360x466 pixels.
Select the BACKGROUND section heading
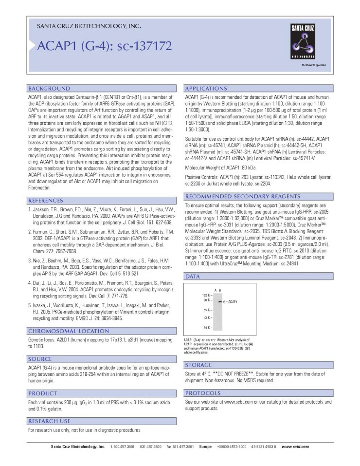coord(49,89)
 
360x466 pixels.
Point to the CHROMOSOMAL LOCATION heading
coord(65,331)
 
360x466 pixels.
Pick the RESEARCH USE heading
coord(51,421)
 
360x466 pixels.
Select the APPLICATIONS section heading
coord(206,89)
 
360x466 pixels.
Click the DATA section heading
coord(193,277)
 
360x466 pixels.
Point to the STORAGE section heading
coord(198,365)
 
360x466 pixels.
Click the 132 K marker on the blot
coord(206,296)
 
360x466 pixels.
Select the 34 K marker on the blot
coord(207,328)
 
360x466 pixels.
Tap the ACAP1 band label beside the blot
coord(232,302)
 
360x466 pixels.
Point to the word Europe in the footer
coord(205,446)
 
